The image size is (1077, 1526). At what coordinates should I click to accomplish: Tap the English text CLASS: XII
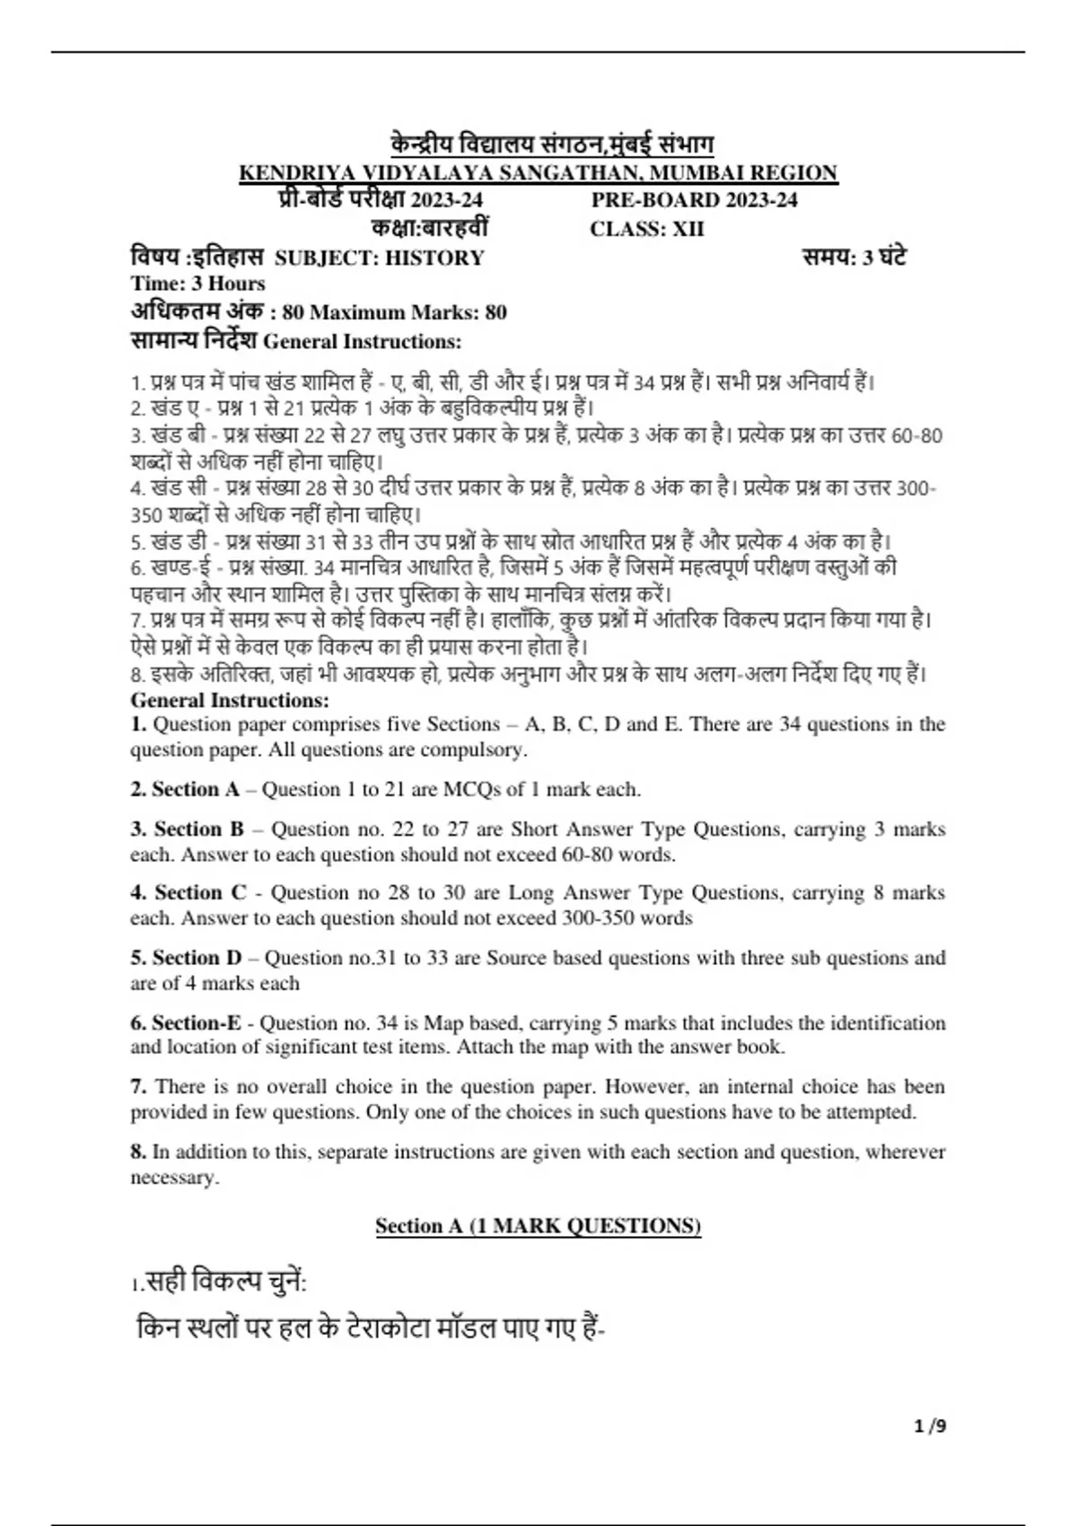[x=647, y=229]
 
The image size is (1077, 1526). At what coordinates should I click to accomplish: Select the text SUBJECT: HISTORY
[x=379, y=259]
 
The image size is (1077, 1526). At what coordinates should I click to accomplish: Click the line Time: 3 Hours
[x=197, y=284]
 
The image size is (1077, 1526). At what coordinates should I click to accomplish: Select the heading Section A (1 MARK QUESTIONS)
[x=538, y=1226]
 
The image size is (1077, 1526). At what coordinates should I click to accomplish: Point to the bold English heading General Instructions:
[x=230, y=700]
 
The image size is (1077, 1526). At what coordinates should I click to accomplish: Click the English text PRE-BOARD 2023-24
[x=694, y=200]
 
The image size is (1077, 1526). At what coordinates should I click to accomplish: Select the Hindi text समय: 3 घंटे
[x=854, y=258]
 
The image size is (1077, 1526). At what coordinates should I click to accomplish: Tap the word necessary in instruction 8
[x=174, y=1178]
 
